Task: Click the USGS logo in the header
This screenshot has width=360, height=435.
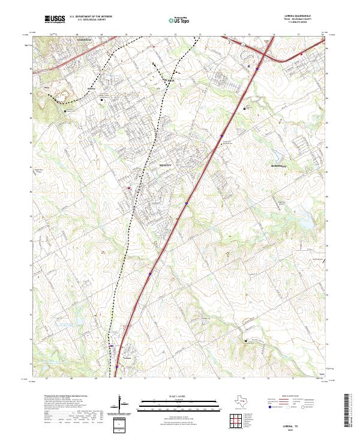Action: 55,20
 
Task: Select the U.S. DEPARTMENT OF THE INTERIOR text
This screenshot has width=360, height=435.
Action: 90,17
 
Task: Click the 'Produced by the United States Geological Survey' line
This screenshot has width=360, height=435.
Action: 62,397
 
